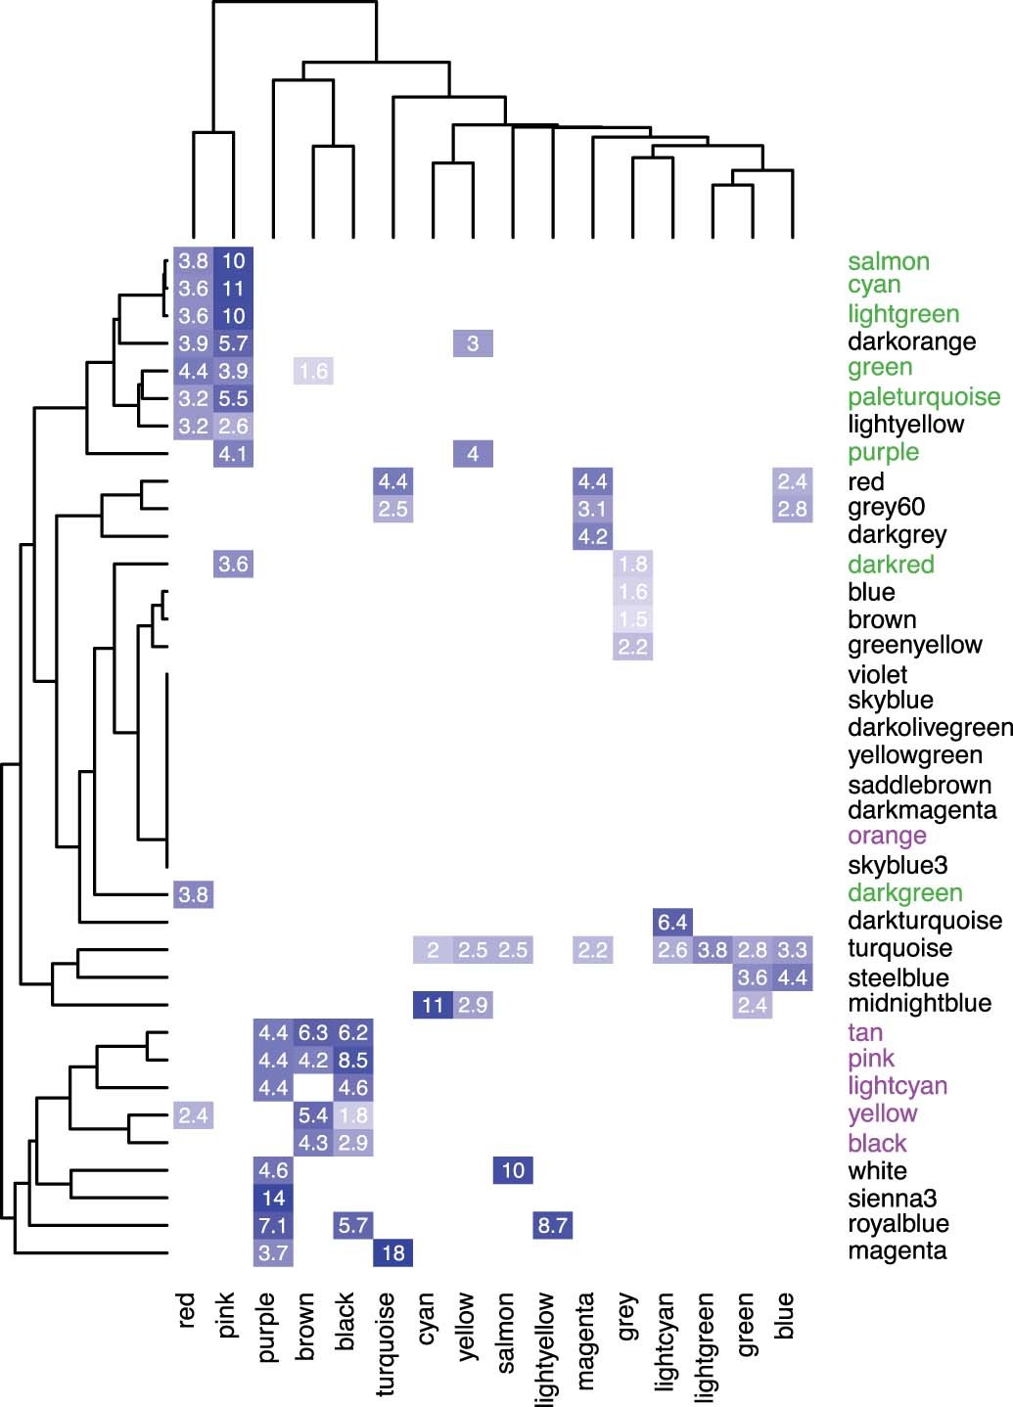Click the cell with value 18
click(x=392, y=1253)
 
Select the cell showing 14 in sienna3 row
click(x=273, y=1199)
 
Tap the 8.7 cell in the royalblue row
click(x=553, y=1225)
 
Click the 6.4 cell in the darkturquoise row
click(x=672, y=922)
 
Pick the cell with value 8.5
click(x=352, y=1060)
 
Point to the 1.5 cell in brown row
click(x=632, y=619)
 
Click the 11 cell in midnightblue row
click(x=433, y=1005)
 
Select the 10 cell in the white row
click(x=513, y=1170)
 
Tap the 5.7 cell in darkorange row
click(x=233, y=343)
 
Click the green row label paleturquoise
click(x=923, y=397)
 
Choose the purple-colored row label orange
click(x=887, y=837)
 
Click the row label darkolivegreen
click(x=929, y=728)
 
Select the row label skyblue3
click(x=898, y=865)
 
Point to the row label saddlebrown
click(x=905, y=785)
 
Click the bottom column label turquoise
click(x=386, y=1342)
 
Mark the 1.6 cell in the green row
click(x=313, y=371)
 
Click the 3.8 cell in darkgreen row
click(x=193, y=894)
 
